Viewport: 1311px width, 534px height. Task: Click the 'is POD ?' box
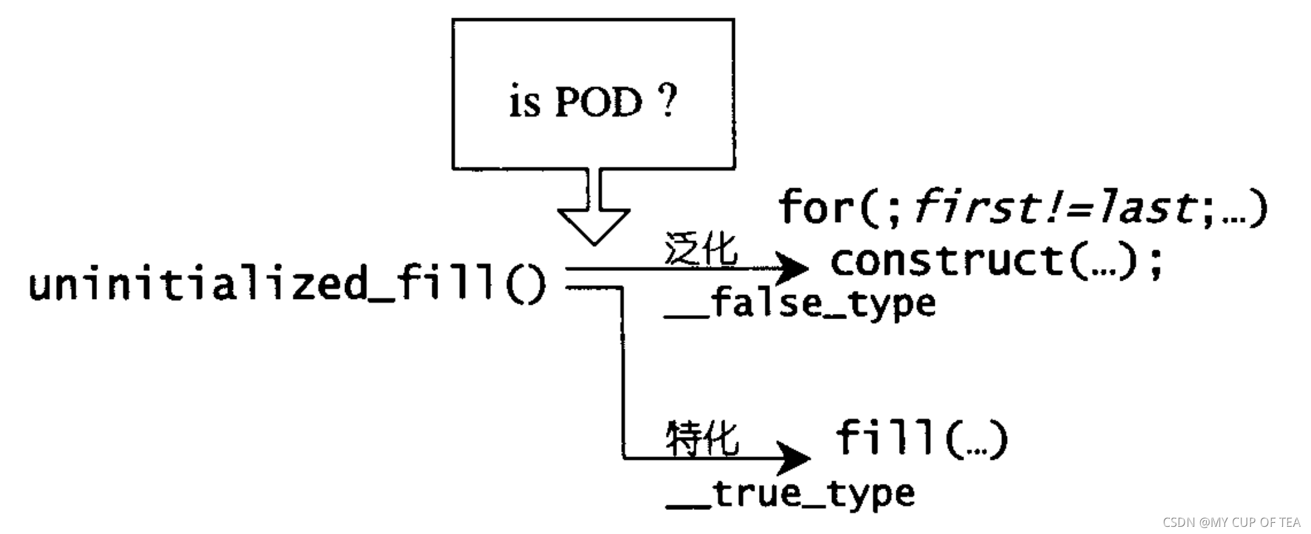point(593,94)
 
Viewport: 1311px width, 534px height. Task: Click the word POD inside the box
point(598,104)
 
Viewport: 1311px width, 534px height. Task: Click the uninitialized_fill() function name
point(260,285)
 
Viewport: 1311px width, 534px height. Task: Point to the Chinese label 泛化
point(701,249)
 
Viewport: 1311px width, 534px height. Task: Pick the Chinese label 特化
point(702,438)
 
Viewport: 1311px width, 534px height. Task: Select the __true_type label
point(790,494)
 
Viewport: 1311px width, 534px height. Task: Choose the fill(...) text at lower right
point(921,438)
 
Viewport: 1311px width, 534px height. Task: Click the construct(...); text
point(996,261)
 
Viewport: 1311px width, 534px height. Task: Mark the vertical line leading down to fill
point(622,371)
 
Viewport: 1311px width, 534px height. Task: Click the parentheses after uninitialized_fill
point(525,285)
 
